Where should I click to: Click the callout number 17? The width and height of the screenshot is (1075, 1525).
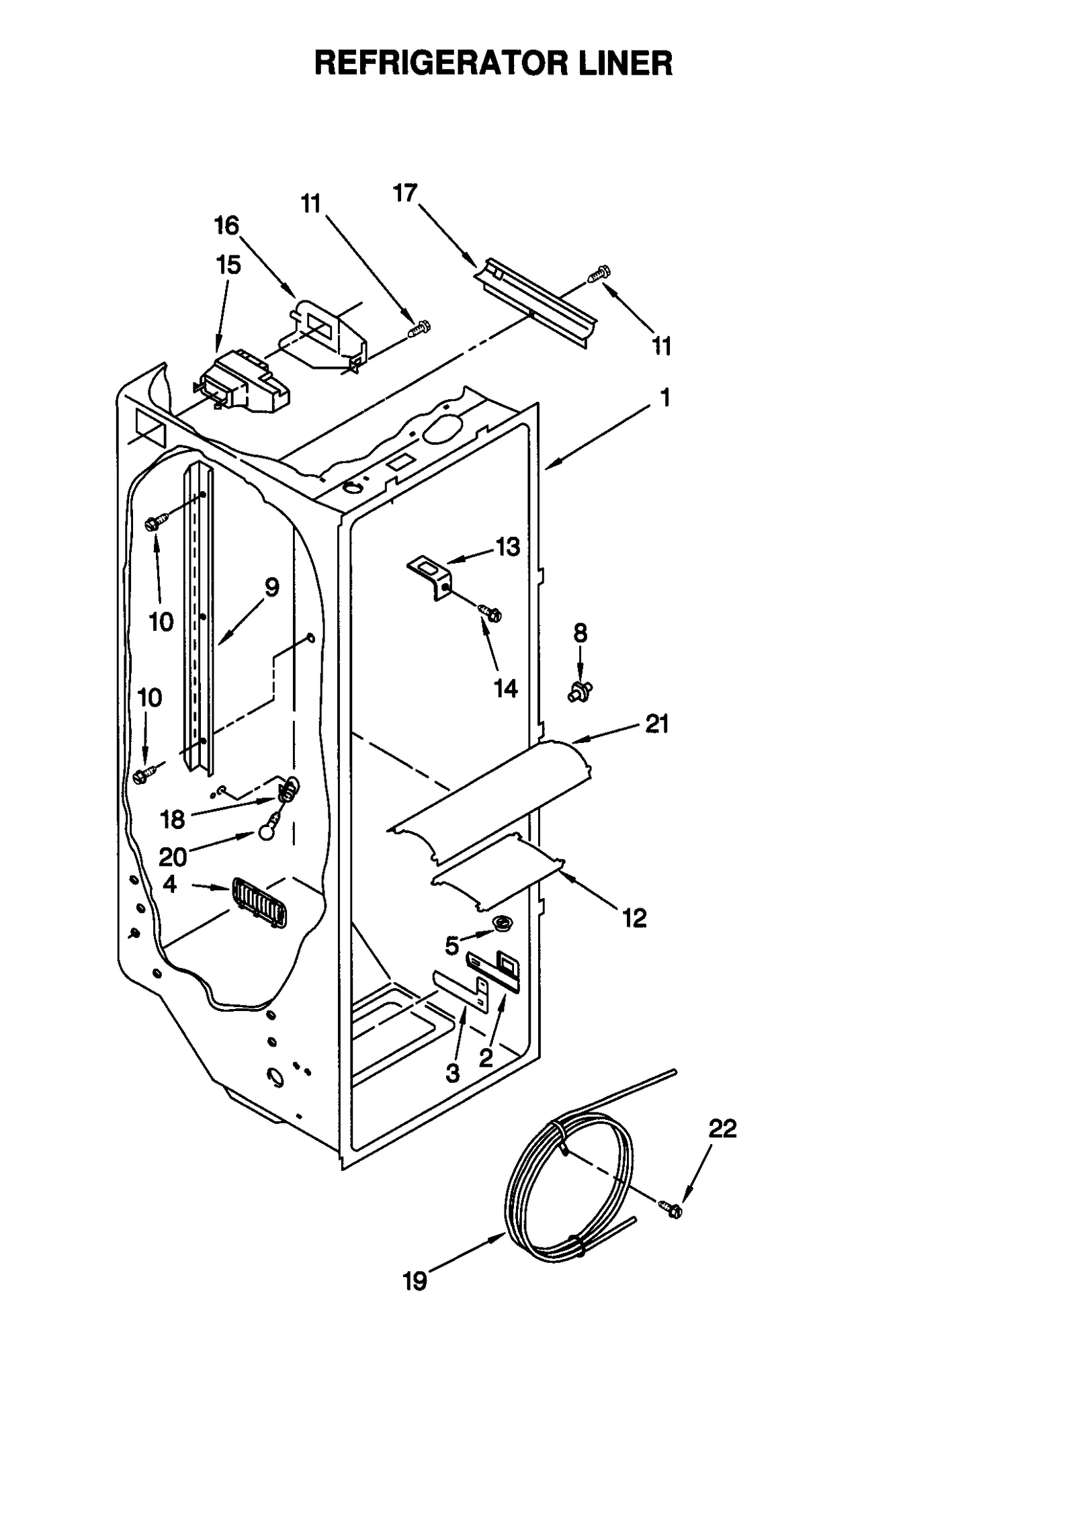405,193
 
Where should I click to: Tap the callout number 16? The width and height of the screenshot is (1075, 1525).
226,226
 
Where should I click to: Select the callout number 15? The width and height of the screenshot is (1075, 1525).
228,265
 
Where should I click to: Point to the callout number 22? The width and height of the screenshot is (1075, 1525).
722,1129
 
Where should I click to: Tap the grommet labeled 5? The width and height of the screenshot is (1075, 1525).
501,924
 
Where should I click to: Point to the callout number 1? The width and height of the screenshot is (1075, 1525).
664,398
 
